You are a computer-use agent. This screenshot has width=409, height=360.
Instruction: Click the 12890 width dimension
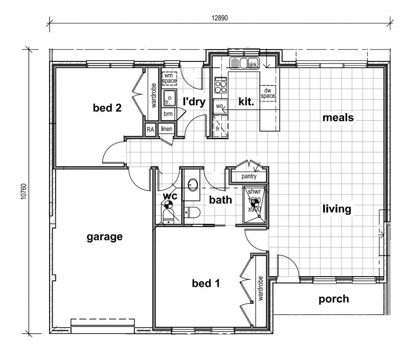[219, 18]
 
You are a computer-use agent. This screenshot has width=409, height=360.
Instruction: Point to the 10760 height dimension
[24, 191]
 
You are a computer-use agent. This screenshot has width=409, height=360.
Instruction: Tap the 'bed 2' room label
[107, 107]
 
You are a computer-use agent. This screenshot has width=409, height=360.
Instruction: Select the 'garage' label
[105, 237]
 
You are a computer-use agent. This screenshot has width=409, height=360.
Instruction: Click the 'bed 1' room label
[206, 283]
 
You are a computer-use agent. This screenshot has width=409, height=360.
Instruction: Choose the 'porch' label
[334, 299]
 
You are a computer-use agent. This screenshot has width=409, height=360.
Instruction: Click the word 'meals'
[338, 118]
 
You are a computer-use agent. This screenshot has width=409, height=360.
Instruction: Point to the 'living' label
[337, 209]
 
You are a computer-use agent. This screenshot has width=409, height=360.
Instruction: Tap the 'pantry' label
[249, 176]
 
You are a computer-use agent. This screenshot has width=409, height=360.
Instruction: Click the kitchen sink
[244, 63]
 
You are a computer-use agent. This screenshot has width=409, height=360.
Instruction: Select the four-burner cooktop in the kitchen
[221, 85]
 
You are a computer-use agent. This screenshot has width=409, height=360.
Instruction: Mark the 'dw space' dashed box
[267, 93]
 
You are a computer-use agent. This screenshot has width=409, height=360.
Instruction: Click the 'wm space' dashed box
[169, 78]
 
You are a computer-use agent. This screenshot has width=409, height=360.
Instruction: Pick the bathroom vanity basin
[193, 185]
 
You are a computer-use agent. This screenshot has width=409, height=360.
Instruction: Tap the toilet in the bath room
[192, 212]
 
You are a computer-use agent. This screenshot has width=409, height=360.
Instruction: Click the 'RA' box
[150, 129]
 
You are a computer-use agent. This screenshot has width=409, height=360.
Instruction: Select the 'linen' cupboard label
[167, 129]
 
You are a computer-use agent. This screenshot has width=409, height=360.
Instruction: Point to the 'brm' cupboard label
[168, 114]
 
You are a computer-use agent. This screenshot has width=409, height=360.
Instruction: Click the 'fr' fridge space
[221, 126]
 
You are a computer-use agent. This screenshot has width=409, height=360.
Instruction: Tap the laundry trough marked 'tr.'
[170, 98]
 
